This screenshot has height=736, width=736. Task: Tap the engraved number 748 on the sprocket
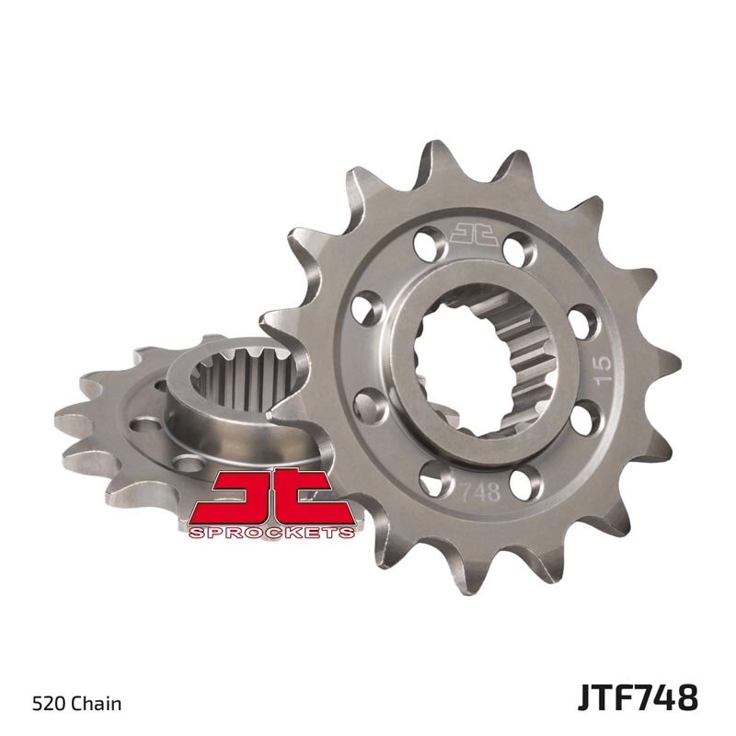pyautogui.click(x=485, y=490)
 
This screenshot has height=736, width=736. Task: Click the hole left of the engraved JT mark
pyautogui.click(x=425, y=244)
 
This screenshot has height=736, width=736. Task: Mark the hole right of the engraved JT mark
pyautogui.click(x=515, y=247)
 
